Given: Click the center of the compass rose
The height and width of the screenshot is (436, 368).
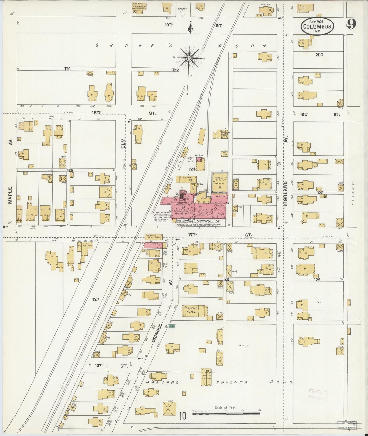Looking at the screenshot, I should [189, 58].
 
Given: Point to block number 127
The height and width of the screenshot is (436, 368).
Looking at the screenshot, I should [96, 299].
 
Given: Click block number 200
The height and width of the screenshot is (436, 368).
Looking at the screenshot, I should [319, 55].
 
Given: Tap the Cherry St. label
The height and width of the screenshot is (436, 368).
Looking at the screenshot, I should [182, 10].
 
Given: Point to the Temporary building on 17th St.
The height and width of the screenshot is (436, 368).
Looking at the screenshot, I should [154, 237].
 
